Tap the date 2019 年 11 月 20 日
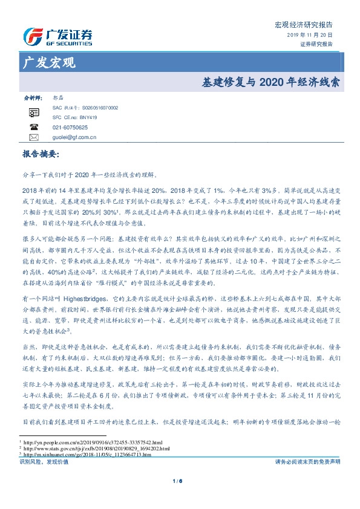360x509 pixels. (x=310, y=36)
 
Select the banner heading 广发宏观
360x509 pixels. (x=48, y=62)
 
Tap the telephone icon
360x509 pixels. (x=34, y=128)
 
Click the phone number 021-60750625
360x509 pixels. (x=70, y=128)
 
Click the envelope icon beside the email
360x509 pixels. (x=34, y=137)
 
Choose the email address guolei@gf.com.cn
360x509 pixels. (x=74, y=137)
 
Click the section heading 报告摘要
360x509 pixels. (x=41, y=155)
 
